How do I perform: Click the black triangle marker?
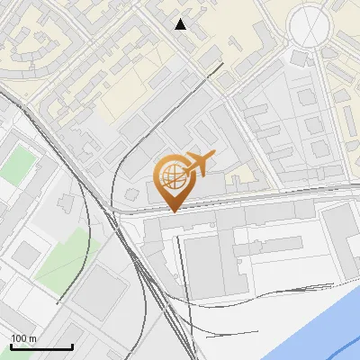coord(181,24)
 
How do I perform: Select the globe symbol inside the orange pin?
coord(171,175)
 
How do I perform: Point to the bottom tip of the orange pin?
coord(172,211)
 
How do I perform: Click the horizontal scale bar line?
coord(41,347)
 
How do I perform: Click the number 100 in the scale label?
coord(19,338)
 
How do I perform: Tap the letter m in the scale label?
coord(32,338)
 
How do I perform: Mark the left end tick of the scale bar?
coord(11,346)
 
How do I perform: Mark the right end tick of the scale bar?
coord(73,346)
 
